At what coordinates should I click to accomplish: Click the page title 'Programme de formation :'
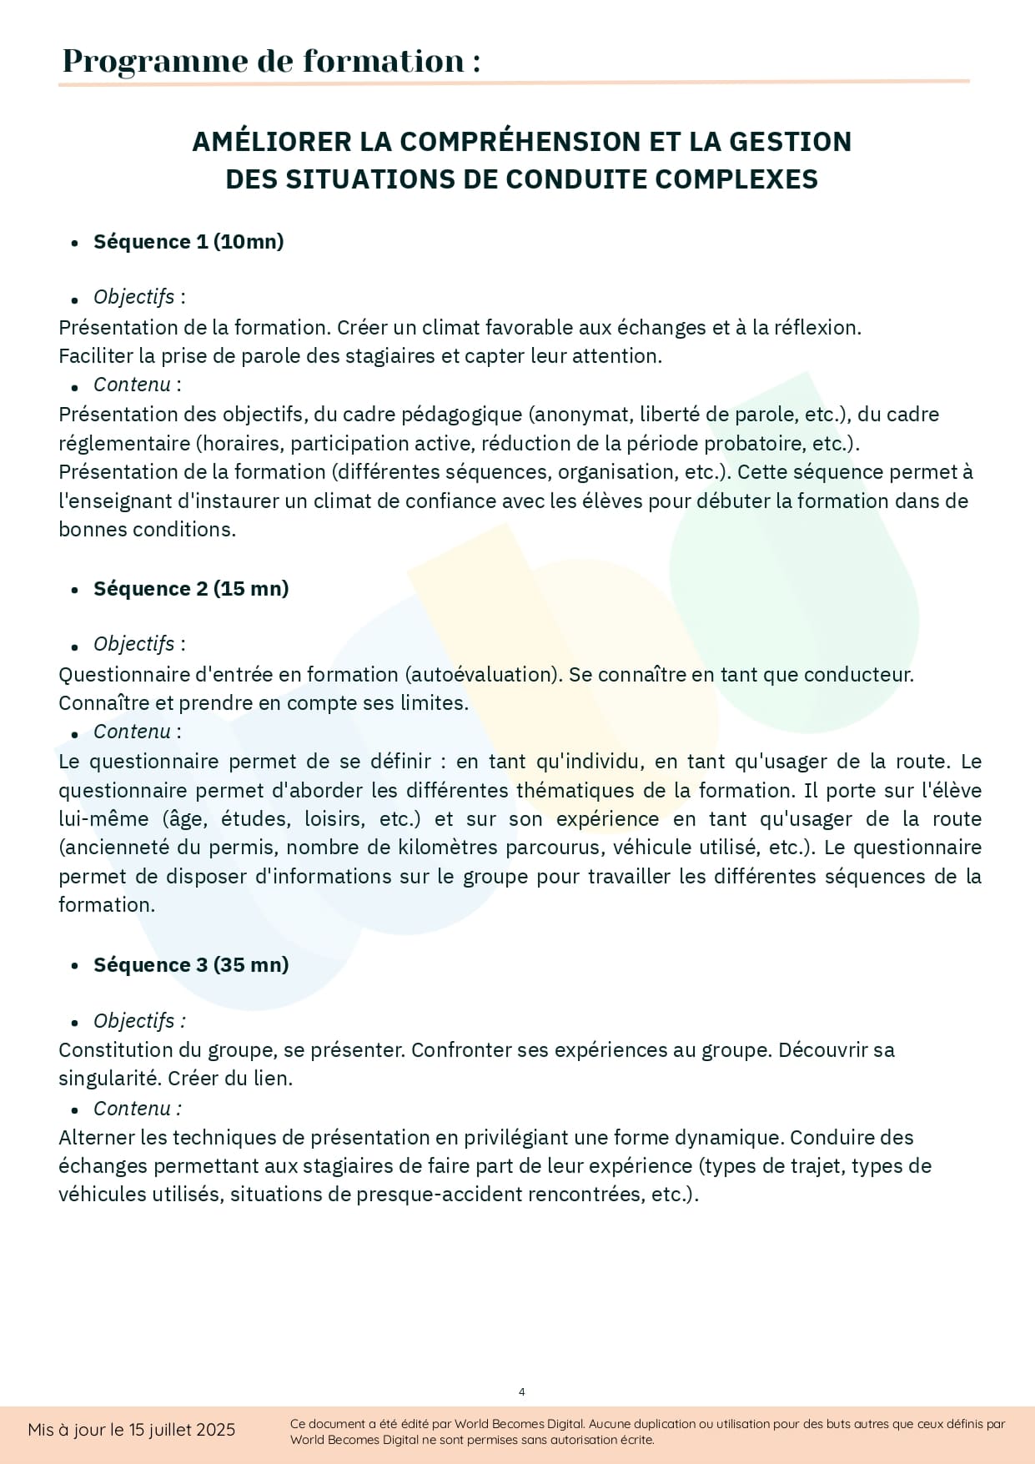point(271,61)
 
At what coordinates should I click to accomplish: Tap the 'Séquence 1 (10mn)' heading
point(188,242)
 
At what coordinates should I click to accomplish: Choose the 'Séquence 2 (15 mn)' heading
point(191,589)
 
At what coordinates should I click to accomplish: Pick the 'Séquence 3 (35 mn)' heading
point(191,965)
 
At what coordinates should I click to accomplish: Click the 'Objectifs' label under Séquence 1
point(134,297)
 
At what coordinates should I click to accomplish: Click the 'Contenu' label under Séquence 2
point(133,732)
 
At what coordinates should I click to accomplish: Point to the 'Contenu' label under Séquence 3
point(133,1109)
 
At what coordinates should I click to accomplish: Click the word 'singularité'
point(109,1079)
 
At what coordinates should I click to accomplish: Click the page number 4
point(522,1391)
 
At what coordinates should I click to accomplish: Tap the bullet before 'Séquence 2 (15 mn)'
point(75,590)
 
